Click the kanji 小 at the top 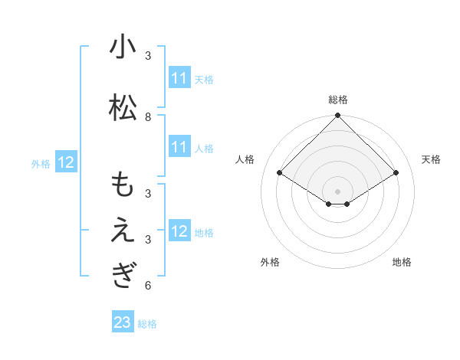pyautogui.click(x=123, y=47)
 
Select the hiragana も pyautogui.click(x=123, y=185)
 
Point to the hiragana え pyautogui.click(x=123, y=231)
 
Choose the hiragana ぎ pyautogui.click(x=123, y=276)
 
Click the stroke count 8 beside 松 pyautogui.click(x=148, y=117)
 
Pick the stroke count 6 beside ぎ pyautogui.click(x=148, y=286)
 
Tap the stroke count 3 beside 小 pyautogui.click(x=148, y=56)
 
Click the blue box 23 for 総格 pyautogui.click(x=123, y=323)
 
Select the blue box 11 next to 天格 pyautogui.click(x=179, y=79)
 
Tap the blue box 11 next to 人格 pyautogui.click(x=179, y=148)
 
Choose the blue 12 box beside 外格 pyautogui.click(x=65, y=162)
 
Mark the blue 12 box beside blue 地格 pyautogui.click(x=179, y=232)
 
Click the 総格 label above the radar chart pyautogui.click(x=338, y=100)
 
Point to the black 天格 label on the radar pyautogui.click(x=431, y=159)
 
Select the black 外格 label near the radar pyautogui.click(x=270, y=263)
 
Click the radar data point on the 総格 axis pyautogui.click(x=338, y=116)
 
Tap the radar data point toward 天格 pyautogui.click(x=396, y=173)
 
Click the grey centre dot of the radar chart pyautogui.click(x=338, y=191)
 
